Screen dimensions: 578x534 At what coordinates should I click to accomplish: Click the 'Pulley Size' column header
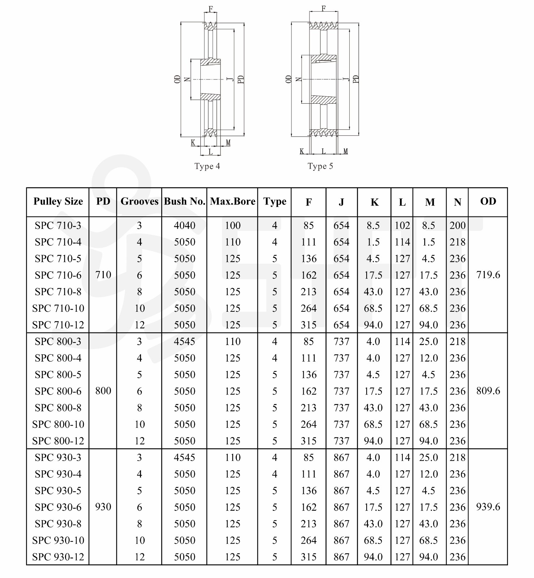click(58, 202)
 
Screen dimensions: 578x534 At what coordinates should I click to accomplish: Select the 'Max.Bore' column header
click(232, 202)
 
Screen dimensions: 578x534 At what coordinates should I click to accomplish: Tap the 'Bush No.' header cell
click(184, 202)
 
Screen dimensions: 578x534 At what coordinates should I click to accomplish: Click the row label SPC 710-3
click(58, 225)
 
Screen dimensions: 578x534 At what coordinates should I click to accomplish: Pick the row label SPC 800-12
click(58, 441)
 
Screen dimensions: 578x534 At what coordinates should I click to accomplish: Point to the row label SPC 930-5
click(58, 491)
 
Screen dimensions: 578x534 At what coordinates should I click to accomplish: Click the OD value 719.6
click(488, 275)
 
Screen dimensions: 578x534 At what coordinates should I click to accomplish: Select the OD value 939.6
click(488, 507)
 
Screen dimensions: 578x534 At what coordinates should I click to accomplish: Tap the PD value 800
click(103, 391)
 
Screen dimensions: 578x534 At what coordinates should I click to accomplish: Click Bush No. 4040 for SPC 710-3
click(184, 225)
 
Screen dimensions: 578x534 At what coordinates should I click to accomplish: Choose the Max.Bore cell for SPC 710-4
click(232, 242)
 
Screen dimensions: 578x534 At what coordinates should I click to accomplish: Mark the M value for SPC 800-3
click(428, 341)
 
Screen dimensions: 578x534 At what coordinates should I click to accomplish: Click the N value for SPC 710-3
click(457, 225)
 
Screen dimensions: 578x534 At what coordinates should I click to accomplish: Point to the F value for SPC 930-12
click(308, 557)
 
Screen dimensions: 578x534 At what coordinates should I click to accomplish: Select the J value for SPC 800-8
click(341, 407)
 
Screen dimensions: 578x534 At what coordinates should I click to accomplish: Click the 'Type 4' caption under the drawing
click(207, 166)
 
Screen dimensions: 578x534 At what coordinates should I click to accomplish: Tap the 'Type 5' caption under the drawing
click(320, 166)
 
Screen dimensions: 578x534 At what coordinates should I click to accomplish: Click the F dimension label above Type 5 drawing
click(324, 8)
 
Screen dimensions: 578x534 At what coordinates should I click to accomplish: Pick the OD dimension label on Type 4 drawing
click(178, 79)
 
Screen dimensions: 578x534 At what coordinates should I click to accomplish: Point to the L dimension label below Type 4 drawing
click(210, 152)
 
